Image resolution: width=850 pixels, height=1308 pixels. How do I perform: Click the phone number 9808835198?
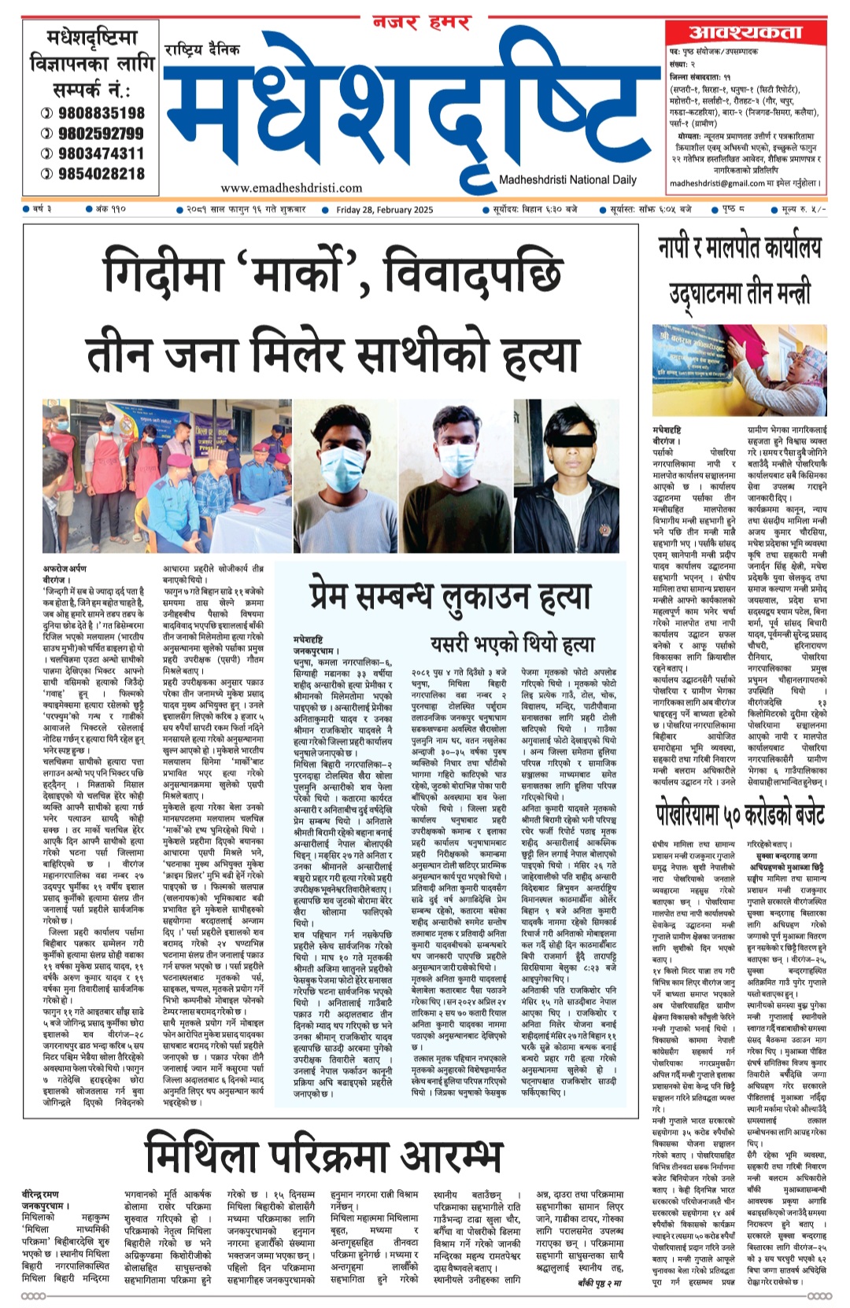click(101, 113)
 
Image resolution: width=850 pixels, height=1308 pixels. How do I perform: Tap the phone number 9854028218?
click(101, 174)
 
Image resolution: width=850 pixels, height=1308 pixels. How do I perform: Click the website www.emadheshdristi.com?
click(291, 188)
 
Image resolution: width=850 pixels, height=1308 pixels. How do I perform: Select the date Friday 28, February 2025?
click(384, 210)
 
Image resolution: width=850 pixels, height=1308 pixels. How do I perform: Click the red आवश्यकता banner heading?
click(745, 32)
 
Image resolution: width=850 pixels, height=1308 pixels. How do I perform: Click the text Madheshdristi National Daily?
click(567, 180)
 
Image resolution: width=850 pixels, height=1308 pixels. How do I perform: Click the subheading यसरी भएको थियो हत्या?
click(512, 644)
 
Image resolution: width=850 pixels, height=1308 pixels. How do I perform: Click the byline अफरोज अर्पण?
click(65, 569)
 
